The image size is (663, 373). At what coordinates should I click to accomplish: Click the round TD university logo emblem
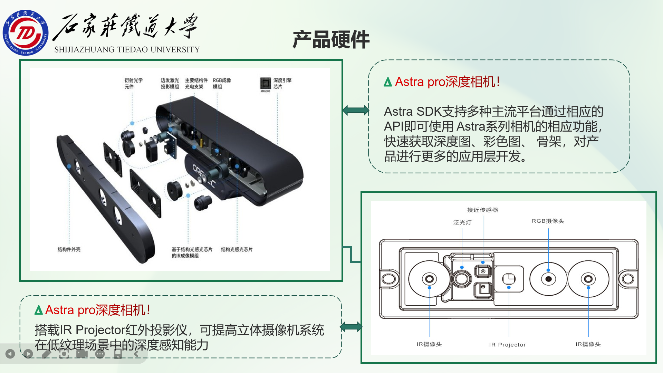point(26,32)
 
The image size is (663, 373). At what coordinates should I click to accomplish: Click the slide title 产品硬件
point(331,39)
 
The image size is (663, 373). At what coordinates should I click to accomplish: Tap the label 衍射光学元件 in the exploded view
point(133,83)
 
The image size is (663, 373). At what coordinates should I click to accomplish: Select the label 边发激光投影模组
point(170,83)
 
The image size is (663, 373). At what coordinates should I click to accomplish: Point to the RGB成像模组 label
point(222,83)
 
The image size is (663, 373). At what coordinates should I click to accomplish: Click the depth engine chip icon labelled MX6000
point(265,83)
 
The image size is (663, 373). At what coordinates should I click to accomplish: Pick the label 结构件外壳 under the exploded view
point(69,249)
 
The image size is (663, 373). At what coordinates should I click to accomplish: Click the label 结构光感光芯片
point(237,249)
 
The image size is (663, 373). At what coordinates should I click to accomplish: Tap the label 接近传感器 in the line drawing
point(482,210)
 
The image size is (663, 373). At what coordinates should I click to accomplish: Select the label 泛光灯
point(462,222)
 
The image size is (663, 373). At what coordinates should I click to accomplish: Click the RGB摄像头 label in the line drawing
point(548,221)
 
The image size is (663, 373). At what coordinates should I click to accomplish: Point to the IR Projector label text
point(507,345)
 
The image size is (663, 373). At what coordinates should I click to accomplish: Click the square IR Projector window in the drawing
point(509,278)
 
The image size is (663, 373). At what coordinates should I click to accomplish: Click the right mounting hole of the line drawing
point(628,279)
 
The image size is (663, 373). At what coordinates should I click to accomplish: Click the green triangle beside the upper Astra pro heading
point(388,82)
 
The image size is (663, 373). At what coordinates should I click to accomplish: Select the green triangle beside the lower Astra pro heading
point(38,310)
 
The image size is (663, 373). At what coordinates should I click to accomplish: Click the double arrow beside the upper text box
point(356,111)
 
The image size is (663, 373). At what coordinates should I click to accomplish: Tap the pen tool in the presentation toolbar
point(46,354)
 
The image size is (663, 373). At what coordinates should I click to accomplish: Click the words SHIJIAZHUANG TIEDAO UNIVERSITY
point(127,50)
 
